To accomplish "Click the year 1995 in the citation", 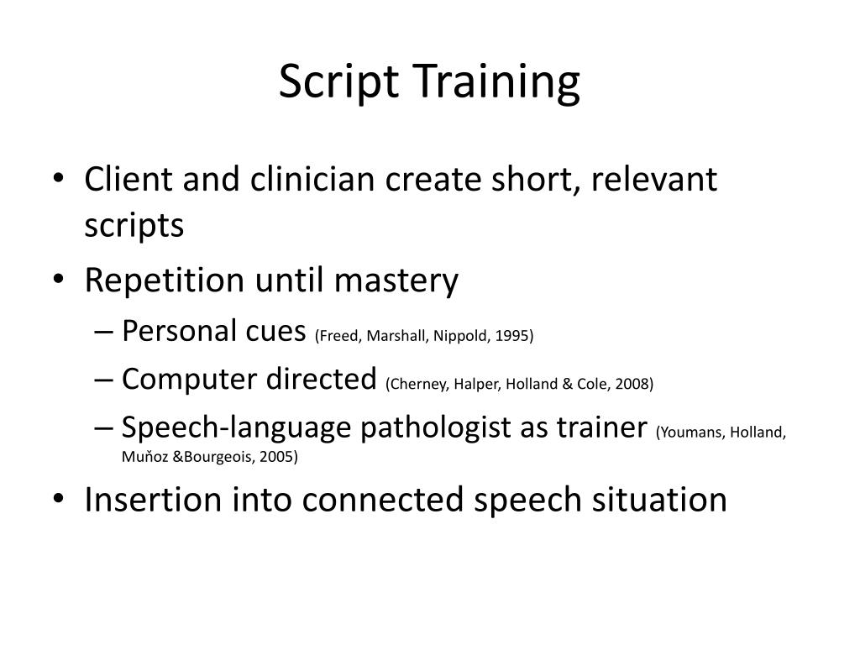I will tap(512, 336).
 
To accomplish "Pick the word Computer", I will tap(186, 379).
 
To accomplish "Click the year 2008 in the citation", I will tap(632, 384).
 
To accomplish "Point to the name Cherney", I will tap(414, 384).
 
